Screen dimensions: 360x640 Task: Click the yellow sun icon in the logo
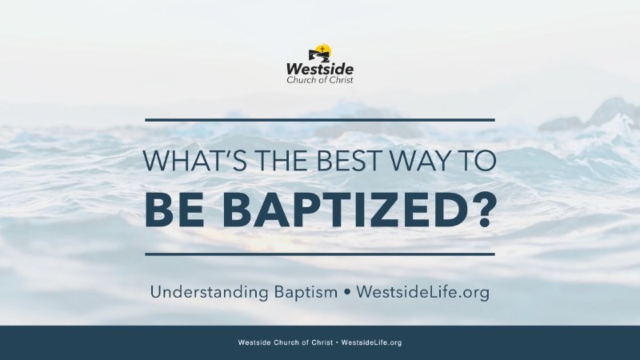(x=320, y=50)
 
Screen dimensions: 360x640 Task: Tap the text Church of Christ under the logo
(x=320, y=80)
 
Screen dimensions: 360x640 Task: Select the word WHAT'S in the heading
(x=186, y=161)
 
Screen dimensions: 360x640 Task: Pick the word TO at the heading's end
(x=478, y=161)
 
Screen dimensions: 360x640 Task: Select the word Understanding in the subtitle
(x=202, y=293)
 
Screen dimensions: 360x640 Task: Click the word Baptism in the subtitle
(x=302, y=292)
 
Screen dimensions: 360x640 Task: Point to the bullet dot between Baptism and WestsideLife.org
(x=347, y=293)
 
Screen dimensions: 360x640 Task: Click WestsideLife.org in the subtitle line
(x=422, y=293)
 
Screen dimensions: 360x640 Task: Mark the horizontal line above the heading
(x=320, y=120)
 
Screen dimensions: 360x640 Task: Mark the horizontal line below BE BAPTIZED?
(x=320, y=254)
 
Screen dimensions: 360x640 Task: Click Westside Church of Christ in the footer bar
(x=286, y=342)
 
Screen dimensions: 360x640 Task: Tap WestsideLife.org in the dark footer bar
(x=371, y=342)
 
